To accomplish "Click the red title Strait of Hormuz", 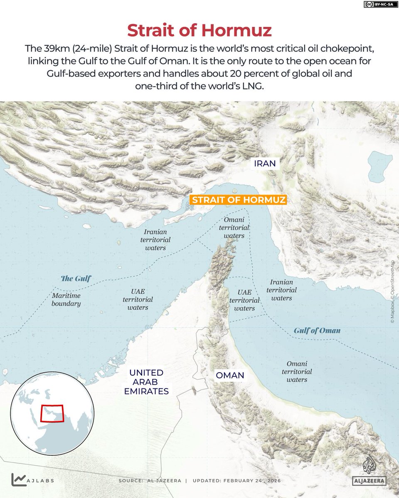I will (x=199, y=31).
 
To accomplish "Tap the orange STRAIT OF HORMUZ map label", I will (x=238, y=200).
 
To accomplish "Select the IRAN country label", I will (x=265, y=164).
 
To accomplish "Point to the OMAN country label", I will (x=229, y=376).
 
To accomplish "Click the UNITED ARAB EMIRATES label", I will (x=149, y=382).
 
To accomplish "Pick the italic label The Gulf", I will (x=76, y=278).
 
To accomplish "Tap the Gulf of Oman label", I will (x=317, y=331).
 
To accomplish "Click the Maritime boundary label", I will (x=66, y=300).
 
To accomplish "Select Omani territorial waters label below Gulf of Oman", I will (x=297, y=371).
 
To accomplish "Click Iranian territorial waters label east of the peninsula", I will (x=282, y=290).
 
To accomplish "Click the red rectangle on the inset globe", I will (x=52, y=413).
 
